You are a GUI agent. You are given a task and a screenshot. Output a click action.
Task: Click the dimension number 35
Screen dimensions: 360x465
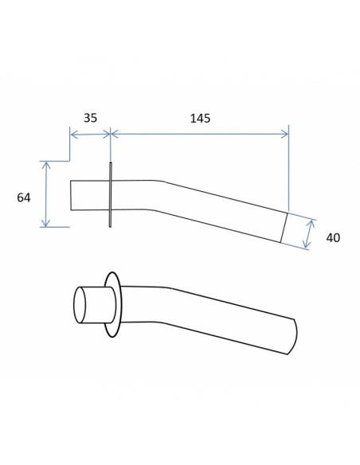(90, 118)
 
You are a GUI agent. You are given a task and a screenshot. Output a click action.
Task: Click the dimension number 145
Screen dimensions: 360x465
(200, 119)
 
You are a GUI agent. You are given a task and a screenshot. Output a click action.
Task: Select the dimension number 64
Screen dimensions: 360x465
(24, 197)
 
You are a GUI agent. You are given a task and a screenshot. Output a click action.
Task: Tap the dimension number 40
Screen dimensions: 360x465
(333, 238)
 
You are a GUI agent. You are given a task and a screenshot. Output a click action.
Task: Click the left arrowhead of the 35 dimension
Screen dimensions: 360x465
(73, 135)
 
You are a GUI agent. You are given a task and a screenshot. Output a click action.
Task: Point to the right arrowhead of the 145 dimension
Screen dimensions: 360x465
(284, 134)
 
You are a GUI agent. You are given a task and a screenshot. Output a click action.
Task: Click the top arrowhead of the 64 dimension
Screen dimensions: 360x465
(45, 165)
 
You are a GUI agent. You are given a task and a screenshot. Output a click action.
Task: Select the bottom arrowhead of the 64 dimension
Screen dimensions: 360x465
(45, 223)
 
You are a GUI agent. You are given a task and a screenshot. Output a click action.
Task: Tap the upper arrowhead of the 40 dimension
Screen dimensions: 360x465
(311, 223)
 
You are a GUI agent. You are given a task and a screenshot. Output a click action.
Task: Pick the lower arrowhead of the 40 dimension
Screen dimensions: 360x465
(307, 244)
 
